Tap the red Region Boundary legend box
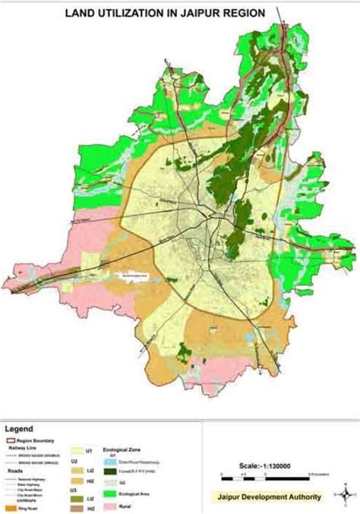click(x=10, y=440)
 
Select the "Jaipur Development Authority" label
click(x=273, y=497)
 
